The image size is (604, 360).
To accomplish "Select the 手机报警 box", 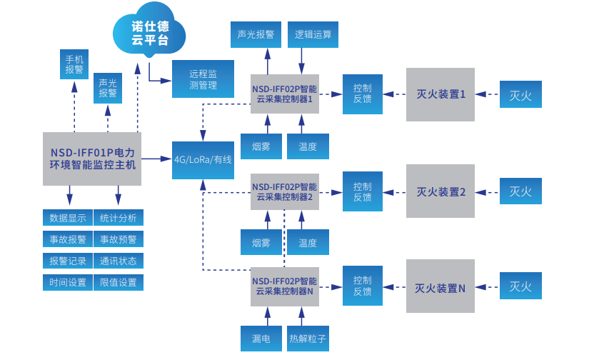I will click(74, 64).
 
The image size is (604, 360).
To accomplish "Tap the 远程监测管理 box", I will click(203, 79).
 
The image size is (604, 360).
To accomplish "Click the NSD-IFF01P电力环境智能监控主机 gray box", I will click(92, 159).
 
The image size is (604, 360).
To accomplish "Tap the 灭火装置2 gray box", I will click(441, 191).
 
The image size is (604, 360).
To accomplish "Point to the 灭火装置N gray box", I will click(441, 286).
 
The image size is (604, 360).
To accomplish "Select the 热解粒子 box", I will click(308, 338).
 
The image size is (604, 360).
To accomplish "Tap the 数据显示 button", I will click(68, 218).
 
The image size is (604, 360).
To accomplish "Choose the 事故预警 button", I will click(119, 239).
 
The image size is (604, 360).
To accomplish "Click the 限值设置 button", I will click(119, 282).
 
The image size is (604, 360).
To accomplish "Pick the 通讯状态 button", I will click(119, 261).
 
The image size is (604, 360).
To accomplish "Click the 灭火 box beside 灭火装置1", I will click(520, 95).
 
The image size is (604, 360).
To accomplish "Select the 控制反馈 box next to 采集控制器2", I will click(362, 191).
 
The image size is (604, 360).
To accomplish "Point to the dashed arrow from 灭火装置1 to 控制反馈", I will click(394, 94).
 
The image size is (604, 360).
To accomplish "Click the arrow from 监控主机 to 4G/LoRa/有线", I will click(157, 159).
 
